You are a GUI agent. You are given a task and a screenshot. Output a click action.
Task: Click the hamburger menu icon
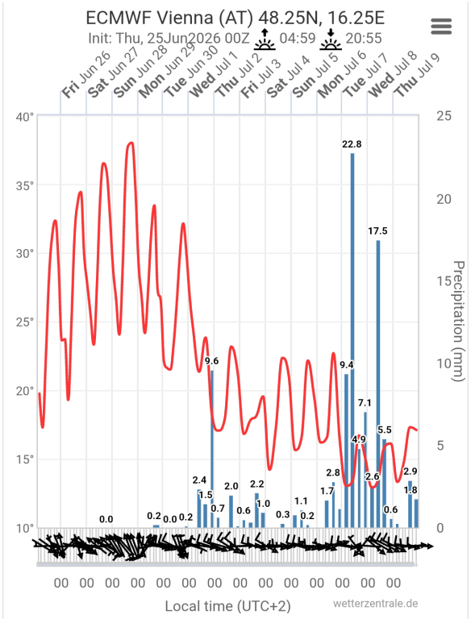441,27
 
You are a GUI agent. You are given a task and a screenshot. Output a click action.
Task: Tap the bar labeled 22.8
352,340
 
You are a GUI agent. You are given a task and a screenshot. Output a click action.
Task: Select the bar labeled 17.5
378,384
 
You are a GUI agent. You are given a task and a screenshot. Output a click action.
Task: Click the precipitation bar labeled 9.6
212,449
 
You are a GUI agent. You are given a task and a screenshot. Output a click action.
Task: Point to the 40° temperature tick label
25,117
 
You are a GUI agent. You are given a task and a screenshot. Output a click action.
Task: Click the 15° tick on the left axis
25,459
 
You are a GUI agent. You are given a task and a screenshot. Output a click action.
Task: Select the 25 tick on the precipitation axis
444,116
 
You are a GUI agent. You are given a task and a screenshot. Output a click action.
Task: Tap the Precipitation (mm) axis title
458,321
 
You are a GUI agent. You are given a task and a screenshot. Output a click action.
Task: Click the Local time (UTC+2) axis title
227,606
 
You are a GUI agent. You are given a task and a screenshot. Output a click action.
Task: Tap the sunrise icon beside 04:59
265,39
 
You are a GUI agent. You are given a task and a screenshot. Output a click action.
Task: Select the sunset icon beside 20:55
331,39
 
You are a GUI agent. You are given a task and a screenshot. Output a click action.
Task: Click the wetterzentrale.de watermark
375,603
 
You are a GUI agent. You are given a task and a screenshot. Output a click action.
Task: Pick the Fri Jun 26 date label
86,75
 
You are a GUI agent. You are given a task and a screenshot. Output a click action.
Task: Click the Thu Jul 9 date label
418,75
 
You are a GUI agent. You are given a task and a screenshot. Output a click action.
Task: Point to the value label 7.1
365,403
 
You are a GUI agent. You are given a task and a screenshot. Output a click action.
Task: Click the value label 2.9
411,471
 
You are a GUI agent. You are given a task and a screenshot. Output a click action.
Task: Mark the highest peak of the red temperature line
131,143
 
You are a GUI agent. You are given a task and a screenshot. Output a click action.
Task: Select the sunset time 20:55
364,39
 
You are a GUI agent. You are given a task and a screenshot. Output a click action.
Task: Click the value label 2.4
199,480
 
